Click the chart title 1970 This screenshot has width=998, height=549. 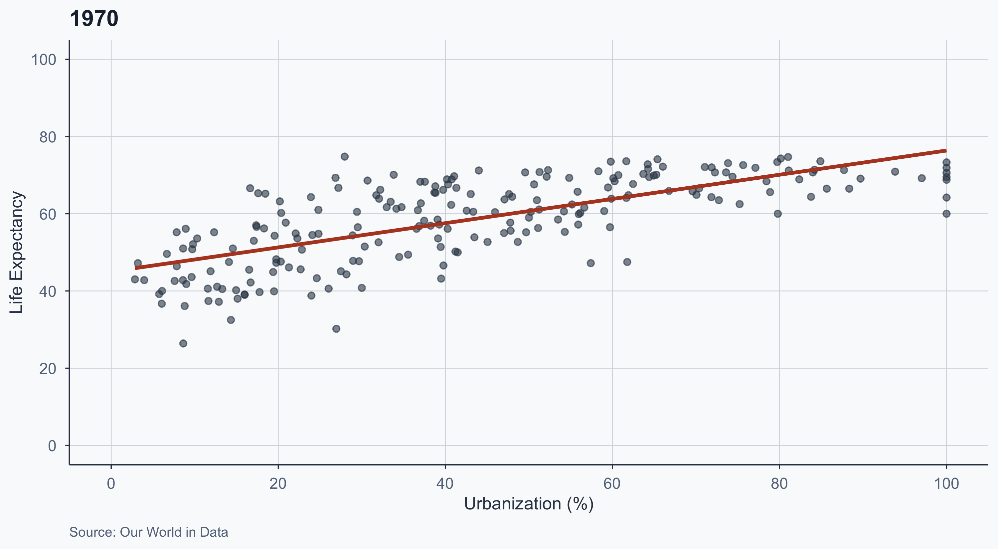[x=94, y=19]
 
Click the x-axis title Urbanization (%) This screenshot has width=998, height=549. [x=529, y=504]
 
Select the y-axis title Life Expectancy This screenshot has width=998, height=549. [x=16, y=252]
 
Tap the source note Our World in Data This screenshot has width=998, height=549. [x=148, y=532]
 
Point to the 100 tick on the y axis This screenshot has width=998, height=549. [x=43, y=60]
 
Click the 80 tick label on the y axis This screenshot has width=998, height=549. [x=47, y=137]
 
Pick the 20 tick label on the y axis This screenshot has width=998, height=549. [x=47, y=368]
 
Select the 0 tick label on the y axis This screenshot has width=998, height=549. [x=52, y=446]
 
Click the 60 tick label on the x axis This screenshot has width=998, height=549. [x=612, y=483]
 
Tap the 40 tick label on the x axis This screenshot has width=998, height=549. [x=445, y=483]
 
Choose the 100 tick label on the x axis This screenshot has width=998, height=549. [x=946, y=483]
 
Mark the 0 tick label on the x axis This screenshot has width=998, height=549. [x=111, y=483]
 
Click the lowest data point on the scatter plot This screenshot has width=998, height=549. [x=183, y=344]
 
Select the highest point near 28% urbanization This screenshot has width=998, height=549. [x=344, y=156]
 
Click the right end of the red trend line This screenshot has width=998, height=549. [x=946, y=150]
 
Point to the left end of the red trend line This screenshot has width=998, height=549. [x=136, y=268]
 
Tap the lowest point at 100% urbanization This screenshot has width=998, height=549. [x=946, y=214]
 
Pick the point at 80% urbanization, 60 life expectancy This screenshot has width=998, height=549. [x=777, y=214]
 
